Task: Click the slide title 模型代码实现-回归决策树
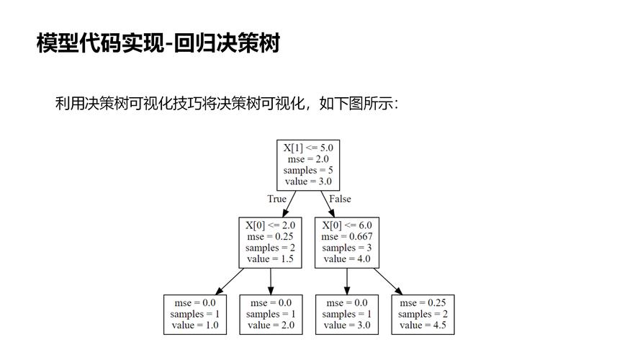click(158, 43)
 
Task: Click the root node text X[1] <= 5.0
click(308, 148)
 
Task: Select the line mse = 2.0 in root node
click(308, 159)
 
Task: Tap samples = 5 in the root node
click(308, 171)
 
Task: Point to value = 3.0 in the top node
click(308, 181)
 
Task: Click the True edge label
click(276, 199)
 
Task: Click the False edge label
click(340, 199)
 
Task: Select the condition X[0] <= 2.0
click(270, 225)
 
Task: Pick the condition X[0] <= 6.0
click(347, 225)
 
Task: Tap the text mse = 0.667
click(347, 236)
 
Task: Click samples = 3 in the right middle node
click(347, 248)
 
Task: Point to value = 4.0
click(347, 258)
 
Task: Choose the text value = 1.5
click(270, 258)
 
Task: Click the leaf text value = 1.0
click(195, 325)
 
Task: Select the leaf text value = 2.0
click(270, 325)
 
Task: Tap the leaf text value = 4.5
click(423, 325)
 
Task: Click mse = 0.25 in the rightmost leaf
click(423, 302)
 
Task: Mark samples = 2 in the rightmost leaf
click(423, 314)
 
